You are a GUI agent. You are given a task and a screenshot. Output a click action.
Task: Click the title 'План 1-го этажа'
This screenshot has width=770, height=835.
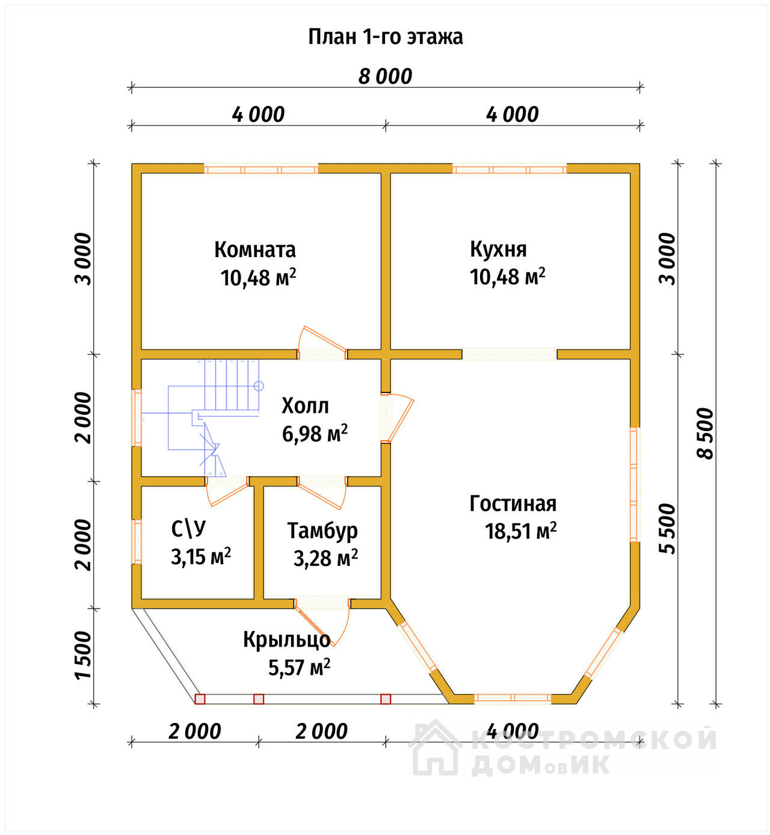click(386, 37)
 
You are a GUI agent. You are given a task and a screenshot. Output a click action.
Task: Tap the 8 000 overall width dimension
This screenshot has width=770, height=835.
click(386, 76)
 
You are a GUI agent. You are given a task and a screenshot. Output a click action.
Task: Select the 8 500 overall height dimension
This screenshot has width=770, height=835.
click(705, 433)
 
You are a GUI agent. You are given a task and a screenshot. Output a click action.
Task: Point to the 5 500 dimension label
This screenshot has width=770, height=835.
click(667, 529)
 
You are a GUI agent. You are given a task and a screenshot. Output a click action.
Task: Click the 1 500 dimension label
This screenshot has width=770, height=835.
click(83, 654)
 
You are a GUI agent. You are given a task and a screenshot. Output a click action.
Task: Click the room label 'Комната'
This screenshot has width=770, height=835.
click(255, 250)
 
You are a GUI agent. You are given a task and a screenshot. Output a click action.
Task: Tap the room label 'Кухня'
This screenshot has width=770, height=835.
click(498, 250)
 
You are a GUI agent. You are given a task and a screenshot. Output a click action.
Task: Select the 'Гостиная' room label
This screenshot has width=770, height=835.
click(513, 504)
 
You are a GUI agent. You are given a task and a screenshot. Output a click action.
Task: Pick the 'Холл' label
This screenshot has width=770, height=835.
click(305, 406)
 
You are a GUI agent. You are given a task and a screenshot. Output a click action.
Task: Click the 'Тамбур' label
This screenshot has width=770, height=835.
click(322, 532)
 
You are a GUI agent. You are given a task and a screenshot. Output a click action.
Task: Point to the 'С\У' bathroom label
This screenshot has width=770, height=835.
click(189, 529)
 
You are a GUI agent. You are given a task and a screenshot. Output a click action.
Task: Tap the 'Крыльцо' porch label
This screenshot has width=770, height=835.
click(287, 641)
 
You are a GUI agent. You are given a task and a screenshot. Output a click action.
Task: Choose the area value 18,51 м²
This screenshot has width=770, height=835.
click(521, 532)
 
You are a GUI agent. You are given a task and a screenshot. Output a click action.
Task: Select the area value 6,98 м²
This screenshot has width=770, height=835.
click(315, 434)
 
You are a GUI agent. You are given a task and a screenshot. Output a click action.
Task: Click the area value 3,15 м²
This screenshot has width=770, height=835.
click(201, 557)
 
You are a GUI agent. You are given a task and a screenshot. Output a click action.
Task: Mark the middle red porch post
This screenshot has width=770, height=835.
click(259, 699)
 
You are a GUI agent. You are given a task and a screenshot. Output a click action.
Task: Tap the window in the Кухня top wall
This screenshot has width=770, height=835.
click(510, 169)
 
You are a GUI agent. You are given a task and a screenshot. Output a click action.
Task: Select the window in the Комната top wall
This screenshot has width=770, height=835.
click(261, 169)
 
